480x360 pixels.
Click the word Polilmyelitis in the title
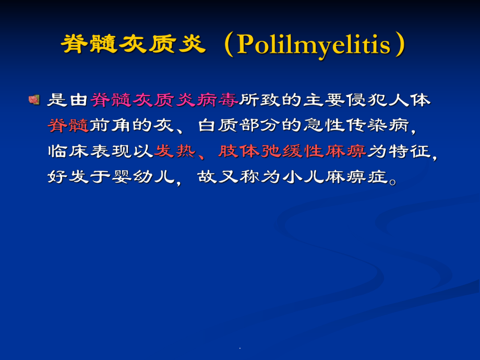pos(313,45)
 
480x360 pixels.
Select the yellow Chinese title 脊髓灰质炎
pos(133,45)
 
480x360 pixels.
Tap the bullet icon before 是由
pos(34,99)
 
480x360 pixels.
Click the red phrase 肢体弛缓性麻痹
pos(292,151)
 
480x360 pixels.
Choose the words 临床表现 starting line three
pos(89,151)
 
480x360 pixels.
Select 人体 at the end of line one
pos(410,100)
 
